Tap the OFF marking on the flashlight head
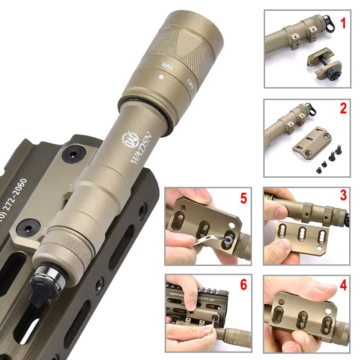click(191, 82)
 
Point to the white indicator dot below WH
click(160, 77)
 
